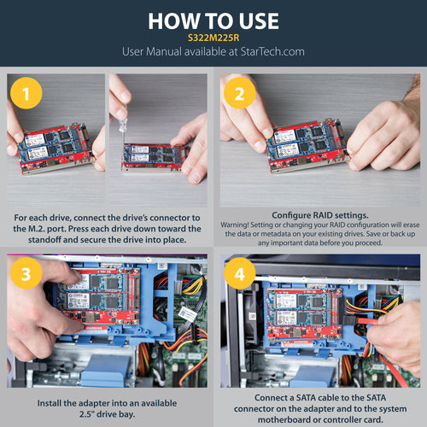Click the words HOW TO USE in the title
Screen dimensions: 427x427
[213, 20]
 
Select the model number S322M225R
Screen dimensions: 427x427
[213, 38]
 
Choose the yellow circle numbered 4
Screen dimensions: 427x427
[239, 276]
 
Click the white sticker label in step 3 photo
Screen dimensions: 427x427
[186, 313]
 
